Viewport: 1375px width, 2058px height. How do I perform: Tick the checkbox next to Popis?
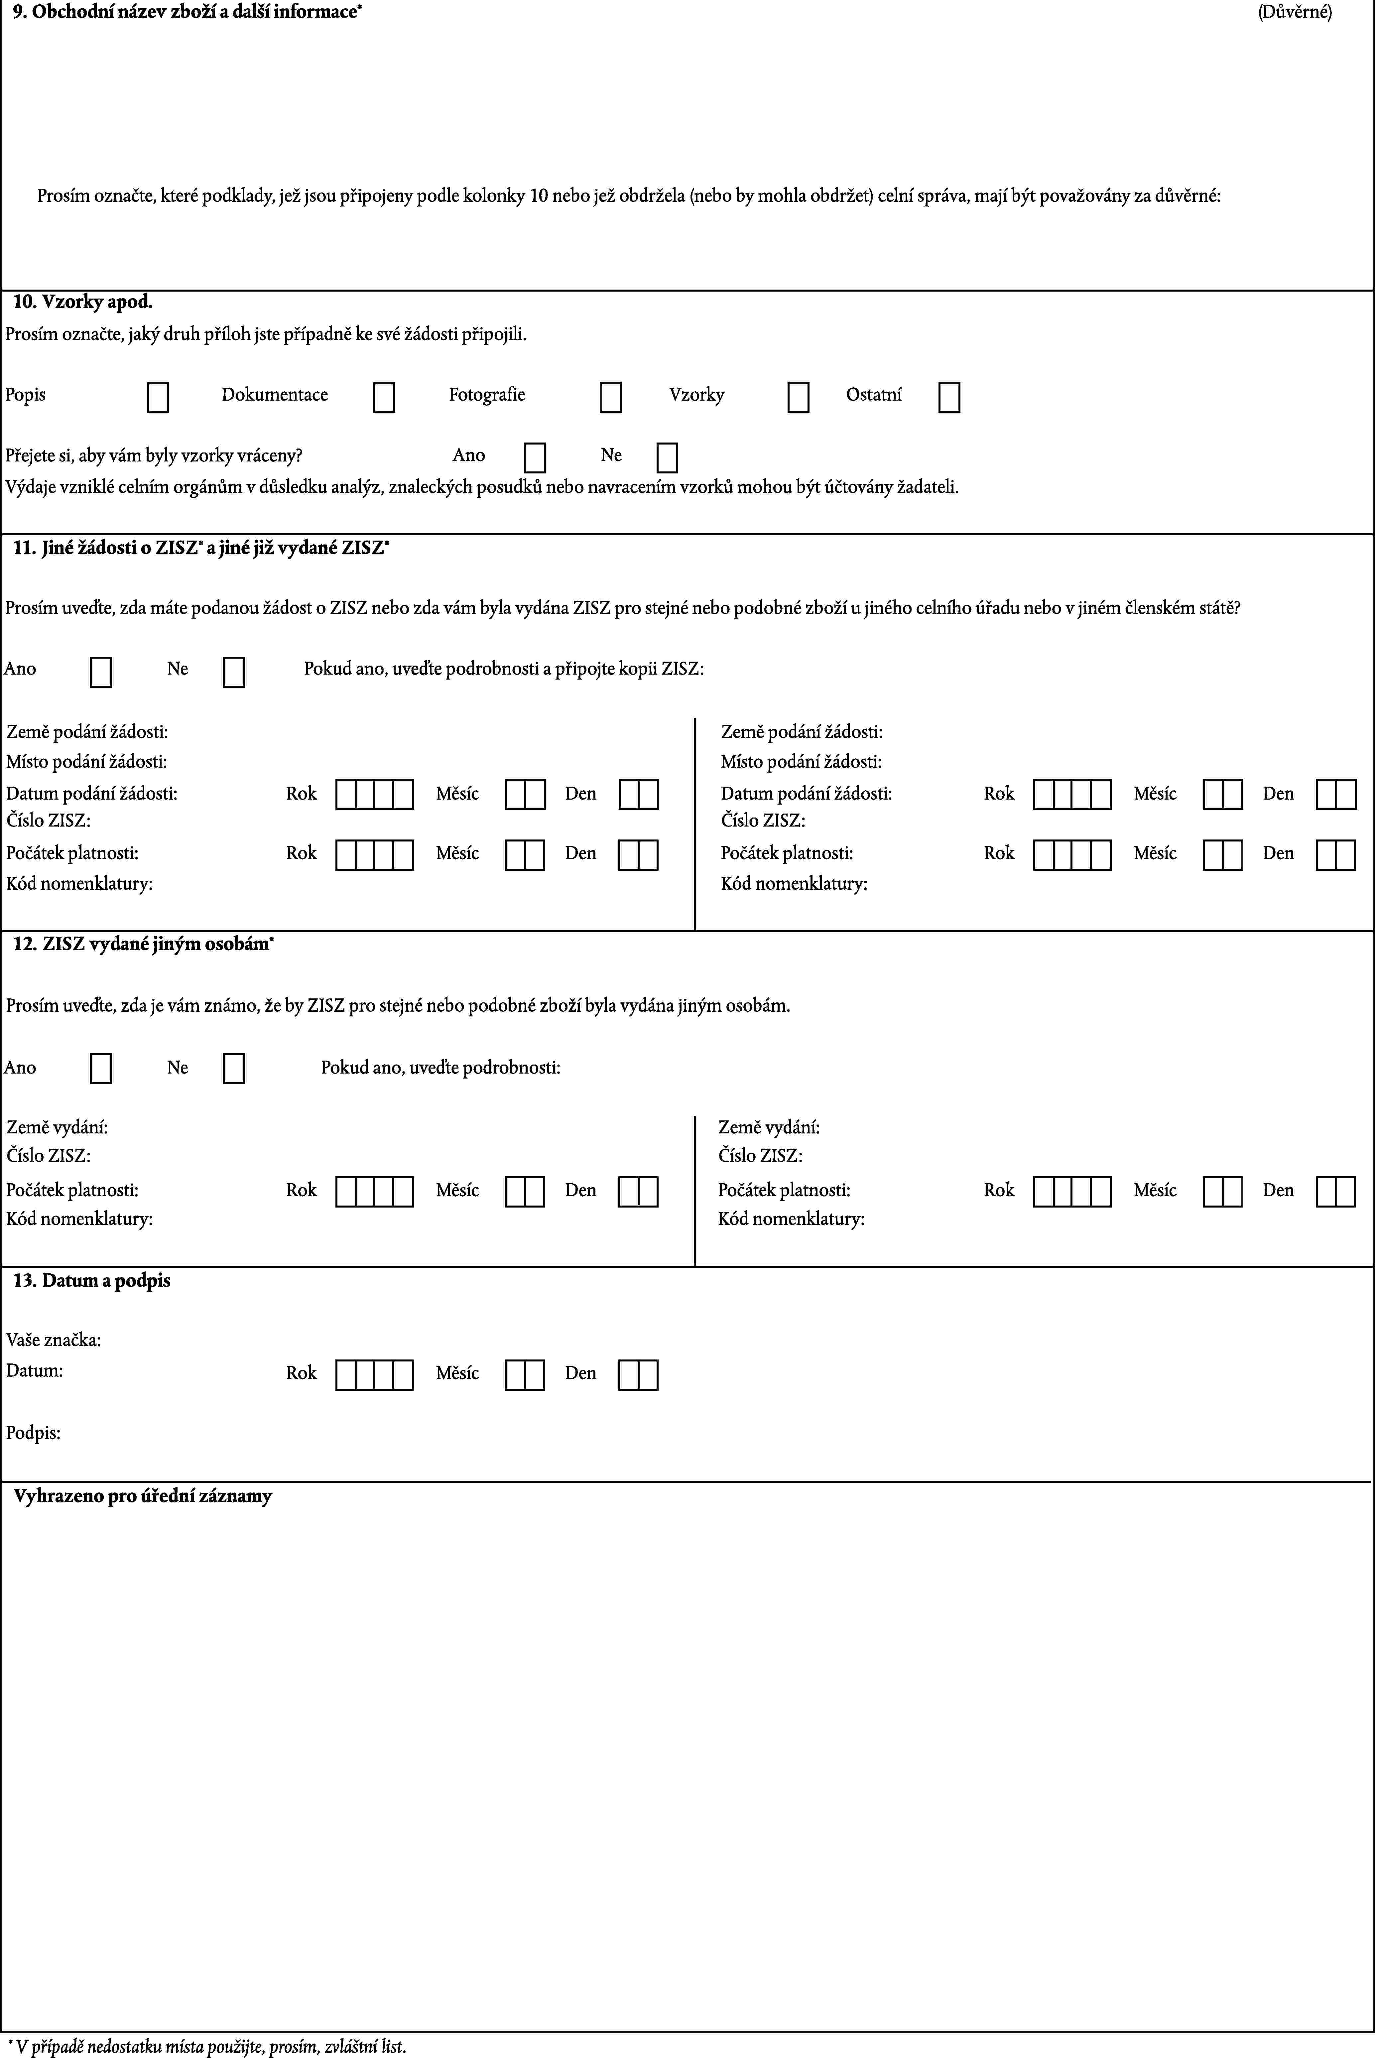click(x=158, y=397)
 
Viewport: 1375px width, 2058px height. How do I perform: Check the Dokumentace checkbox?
click(x=384, y=397)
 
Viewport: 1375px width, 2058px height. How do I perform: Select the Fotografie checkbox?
click(x=611, y=397)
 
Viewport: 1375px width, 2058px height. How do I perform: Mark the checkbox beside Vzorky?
click(x=798, y=397)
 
